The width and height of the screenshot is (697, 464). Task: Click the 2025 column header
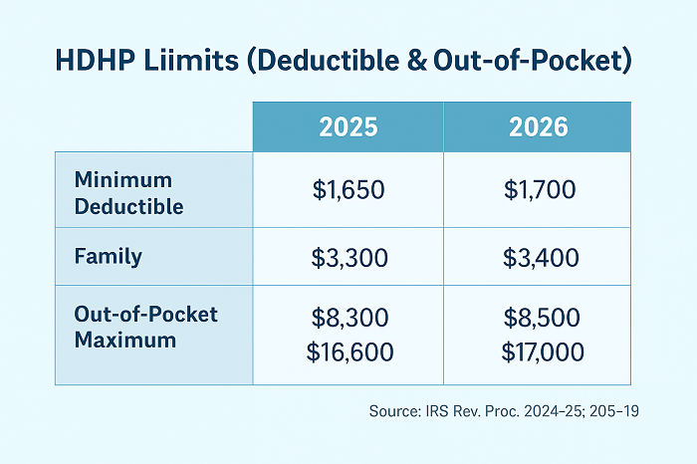pyautogui.click(x=348, y=127)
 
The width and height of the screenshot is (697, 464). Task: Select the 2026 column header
pyautogui.click(x=539, y=127)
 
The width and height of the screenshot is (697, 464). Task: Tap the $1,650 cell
pyautogui.click(x=348, y=190)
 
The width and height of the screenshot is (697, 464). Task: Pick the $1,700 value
pyautogui.click(x=540, y=190)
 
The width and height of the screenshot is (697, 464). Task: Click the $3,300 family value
pyautogui.click(x=349, y=258)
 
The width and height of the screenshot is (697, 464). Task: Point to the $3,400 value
pyautogui.click(x=541, y=258)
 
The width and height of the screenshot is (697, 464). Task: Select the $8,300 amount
pyautogui.click(x=349, y=318)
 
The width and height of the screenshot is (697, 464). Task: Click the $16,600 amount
pyautogui.click(x=349, y=352)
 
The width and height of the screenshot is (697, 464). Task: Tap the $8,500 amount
pyautogui.click(x=542, y=318)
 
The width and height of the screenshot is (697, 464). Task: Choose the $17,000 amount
pyautogui.click(x=543, y=352)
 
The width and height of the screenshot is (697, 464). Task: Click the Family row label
pyautogui.click(x=108, y=257)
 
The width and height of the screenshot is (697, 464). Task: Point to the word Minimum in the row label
pyautogui.click(x=123, y=180)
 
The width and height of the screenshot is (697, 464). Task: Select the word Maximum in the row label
pyautogui.click(x=125, y=341)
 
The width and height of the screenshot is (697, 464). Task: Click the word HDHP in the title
pyautogui.click(x=95, y=61)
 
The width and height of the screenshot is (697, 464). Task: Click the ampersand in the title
pyautogui.click(x=416, y=61)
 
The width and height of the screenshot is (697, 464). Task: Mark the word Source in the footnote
pyautogui.click(x=394, y=411)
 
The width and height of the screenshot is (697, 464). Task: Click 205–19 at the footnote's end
pyautogui.click(x=614, y=411)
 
